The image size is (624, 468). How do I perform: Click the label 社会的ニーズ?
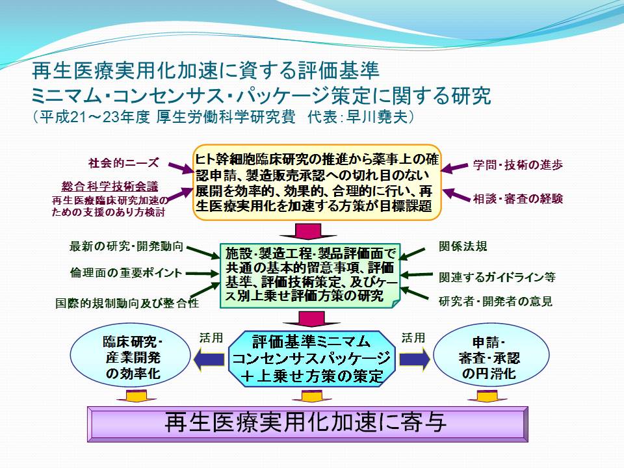(x=123, y=162)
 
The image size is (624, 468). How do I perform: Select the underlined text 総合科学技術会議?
(x=110, y=187)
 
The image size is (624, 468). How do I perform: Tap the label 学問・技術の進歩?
(x=518, y=164)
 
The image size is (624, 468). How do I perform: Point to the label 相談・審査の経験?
(x=518, y=199)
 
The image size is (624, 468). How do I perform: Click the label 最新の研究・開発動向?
(x=126, y=246)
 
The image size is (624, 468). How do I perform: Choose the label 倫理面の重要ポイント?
(x=126, y=273)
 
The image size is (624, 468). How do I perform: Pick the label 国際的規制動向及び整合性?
(x=127, y=304)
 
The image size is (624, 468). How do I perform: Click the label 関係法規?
(x=463, y=246)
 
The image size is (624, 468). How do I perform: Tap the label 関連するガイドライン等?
(x=497, y=277)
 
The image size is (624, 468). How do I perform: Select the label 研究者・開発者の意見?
(x=495, y=301)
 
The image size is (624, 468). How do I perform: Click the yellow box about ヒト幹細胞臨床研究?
(x=317, y=182)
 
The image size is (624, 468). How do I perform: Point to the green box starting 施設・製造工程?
(x=310, y=276)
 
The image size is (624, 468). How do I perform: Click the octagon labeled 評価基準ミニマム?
(x=311, y=359)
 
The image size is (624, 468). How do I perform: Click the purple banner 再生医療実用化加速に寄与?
(x=307, y=424)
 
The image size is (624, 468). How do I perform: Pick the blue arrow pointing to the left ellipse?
(x=209, y=359)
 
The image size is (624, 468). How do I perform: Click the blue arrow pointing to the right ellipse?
(x=415, y=359)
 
